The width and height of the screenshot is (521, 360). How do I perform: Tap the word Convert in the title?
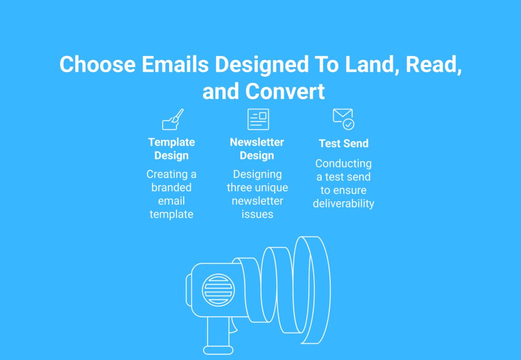tap(285, 92)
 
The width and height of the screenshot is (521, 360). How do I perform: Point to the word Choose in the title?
tap(98, 64)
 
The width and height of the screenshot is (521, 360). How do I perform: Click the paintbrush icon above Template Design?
tap(172, 119)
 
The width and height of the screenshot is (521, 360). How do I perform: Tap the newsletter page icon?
tap(258, 119)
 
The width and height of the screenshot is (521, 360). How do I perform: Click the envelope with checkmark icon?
tap(343, 119)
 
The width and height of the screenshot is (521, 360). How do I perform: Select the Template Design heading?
tap(171, 149)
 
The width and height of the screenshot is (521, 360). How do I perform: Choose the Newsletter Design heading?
tap(257, 149)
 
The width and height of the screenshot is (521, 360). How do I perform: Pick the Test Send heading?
tap(343, 143)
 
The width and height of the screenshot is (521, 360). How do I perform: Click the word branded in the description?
tap(171, 187)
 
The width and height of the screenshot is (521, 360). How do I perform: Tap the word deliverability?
tap(343, 203)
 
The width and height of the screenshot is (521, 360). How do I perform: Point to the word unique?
tap(272, 188)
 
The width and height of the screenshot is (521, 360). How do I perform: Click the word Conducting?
tap(343, 163)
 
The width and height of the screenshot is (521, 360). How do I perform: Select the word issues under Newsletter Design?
tap(257, 214)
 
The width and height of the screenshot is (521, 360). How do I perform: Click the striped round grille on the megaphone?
tap(218, 290)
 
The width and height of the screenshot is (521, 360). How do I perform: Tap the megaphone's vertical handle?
tap(218, 334)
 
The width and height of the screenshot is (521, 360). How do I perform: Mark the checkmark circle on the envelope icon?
tap(349, 125)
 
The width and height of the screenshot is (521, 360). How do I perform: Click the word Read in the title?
tap(433, 65)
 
